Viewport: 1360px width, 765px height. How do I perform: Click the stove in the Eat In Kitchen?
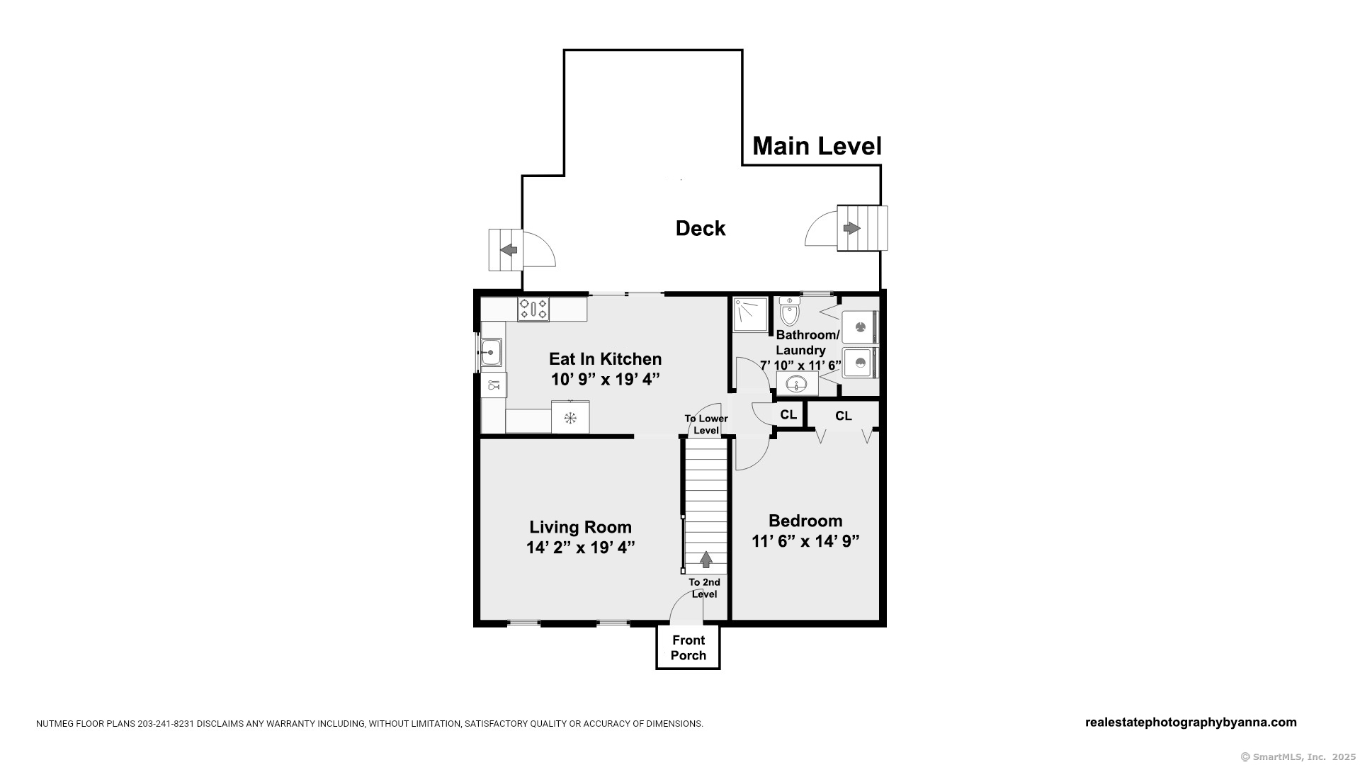tap(533, 309)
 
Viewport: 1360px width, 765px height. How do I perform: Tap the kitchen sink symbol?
tap(491, 352)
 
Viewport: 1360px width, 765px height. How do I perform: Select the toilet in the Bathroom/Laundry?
tap(789, 310)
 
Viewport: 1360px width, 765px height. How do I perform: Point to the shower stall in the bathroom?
tap(750, 314)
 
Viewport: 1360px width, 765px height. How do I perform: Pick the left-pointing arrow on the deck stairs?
tap(509, 249)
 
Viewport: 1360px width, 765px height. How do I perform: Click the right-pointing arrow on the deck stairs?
tap(851, 228)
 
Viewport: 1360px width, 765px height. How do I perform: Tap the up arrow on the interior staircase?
tap(706, 560)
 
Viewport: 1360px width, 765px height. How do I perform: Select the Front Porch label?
tap(688, 647)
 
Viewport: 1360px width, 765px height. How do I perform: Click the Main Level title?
tap(817, 146)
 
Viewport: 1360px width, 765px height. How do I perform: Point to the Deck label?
tap(701, 228)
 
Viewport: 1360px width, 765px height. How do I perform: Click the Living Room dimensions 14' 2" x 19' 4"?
tap(580, 548)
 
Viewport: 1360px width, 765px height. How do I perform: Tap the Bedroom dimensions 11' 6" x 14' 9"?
tap(805, 541)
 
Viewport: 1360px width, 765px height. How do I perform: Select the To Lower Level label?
tap(706, 424)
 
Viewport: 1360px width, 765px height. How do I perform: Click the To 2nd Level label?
tap(705, 588)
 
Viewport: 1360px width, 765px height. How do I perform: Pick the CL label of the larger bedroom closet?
tap(844, 416)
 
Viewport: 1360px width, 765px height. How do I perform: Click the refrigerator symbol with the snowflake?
tap(570, 417)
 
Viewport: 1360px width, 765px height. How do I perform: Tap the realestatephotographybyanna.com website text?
tap(1191, 722)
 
